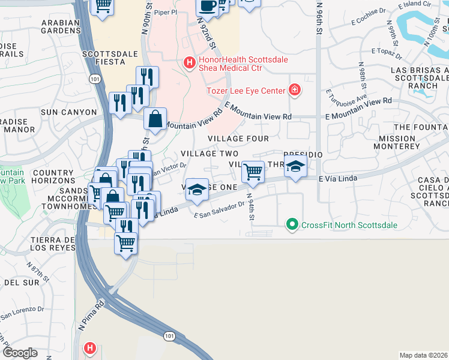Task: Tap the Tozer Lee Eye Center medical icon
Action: point(294,91)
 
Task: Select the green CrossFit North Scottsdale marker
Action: point(292,225)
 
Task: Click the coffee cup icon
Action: point(208,7)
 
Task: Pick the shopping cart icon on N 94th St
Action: point(253,172)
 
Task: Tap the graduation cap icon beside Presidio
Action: point(295,167)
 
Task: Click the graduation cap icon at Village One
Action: point(197,190)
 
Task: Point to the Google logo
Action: point(20,353)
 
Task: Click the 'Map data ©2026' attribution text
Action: point(423,355)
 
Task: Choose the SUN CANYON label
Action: point(68,112)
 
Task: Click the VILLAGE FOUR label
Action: point(238,139)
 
